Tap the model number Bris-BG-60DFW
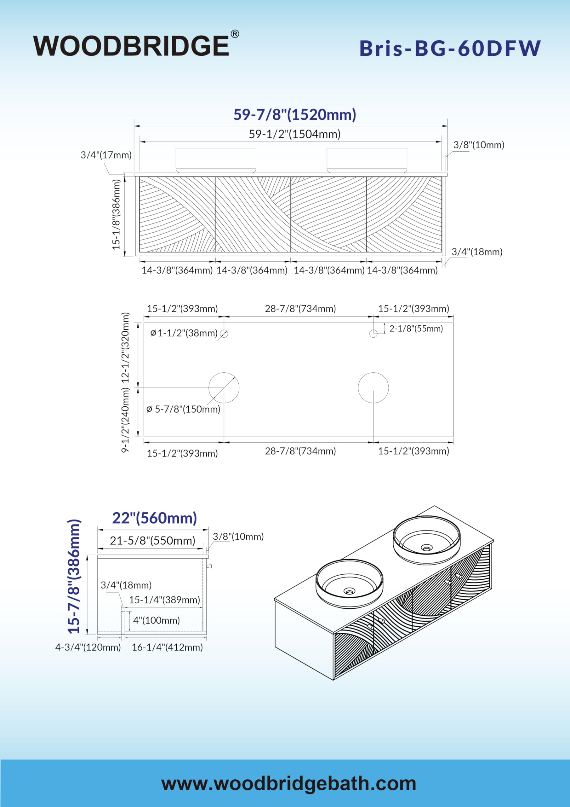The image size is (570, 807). [450, 48]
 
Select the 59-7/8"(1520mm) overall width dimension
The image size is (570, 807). [295, 114]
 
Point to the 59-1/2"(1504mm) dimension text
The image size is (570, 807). [295, 134]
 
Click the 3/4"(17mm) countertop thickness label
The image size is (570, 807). [106, 155]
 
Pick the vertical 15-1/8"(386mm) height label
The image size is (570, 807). [116, 214]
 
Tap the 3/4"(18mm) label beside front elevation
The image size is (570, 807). [477, 252]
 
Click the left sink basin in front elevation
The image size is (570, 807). [216, 160]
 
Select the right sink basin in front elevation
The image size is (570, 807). [367, 160]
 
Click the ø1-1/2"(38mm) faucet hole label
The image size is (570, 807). [184, 333]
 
